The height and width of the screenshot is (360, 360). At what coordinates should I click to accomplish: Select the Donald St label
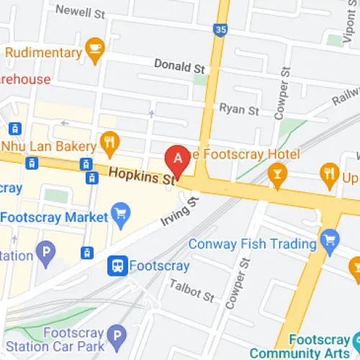[x=180, y=66]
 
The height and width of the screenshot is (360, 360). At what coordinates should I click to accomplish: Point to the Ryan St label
[x=239, y=109]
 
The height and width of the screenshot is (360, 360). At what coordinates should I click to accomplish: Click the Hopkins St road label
[x=143, y=174]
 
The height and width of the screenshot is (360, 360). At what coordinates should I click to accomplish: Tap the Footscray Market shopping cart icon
[x=120, y=214]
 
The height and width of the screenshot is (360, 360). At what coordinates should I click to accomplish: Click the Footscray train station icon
[x=117, y=266]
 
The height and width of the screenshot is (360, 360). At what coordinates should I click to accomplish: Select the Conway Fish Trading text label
[x=252, y=244]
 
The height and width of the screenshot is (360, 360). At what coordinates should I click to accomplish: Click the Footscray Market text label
[x=54, y=217]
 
